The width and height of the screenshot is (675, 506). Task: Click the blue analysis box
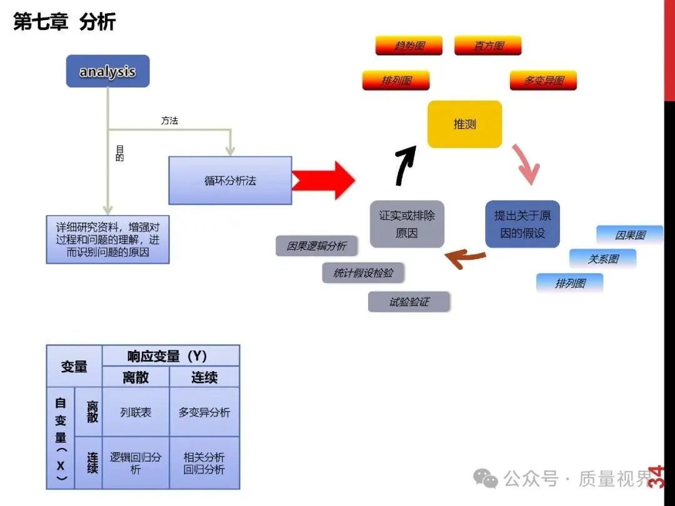point(107,71)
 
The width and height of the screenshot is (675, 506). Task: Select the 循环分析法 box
point(230,181)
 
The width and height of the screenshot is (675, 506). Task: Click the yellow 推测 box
point(464,124)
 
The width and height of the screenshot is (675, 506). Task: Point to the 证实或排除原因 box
point(407,224)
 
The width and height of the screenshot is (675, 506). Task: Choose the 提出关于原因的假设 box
point(522,224)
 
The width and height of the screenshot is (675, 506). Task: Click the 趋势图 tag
point(409,46)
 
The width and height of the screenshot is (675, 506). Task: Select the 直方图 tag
point(487,46)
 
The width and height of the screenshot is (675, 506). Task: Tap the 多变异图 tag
point(542,81)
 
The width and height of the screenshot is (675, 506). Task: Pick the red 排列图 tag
point(396,81)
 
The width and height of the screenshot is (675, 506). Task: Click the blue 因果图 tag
point(629,236)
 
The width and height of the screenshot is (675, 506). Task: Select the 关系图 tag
point(602,259)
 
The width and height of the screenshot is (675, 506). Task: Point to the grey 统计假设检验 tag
point(363,273)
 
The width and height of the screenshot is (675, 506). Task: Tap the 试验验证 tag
point(409,302)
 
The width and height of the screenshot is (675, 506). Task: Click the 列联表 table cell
point(136,412)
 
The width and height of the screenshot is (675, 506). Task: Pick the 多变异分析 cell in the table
point(204,412)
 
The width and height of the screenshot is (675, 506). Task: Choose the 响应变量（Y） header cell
point(171,356)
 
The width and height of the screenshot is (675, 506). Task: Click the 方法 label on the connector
point(169,121)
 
